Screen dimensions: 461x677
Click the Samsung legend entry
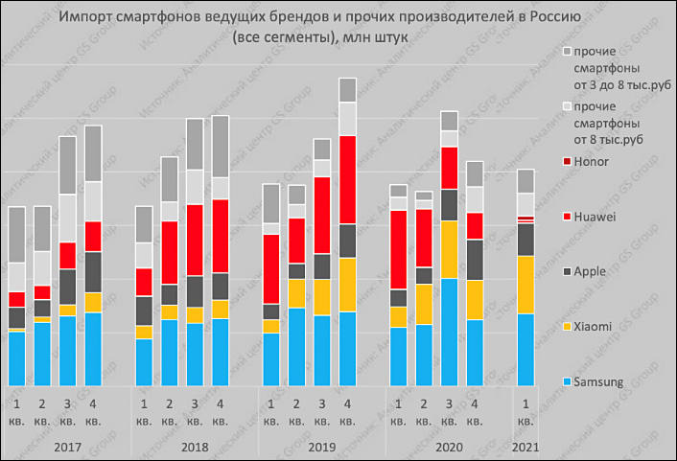coord(595,382)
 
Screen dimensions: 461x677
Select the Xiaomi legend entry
coord(593,327)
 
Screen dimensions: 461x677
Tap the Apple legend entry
coord(590,271)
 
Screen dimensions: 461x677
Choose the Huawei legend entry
coord(595,217)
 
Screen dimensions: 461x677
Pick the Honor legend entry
coord(591,161)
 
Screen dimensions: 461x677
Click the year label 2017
coord(67,447)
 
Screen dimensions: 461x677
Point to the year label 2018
coord(195,447)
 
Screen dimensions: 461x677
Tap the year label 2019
coord(322,447)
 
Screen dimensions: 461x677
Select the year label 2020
coord(449,447)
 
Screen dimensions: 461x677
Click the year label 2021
coord(525,447)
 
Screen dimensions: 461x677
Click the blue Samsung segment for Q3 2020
coord(449,332)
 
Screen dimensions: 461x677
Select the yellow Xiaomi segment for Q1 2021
coord(525,285)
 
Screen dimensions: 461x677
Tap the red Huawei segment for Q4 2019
coord(347,180)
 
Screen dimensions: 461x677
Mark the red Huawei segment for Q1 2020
coord(399,249)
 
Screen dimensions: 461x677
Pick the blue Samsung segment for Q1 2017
coord(16,358)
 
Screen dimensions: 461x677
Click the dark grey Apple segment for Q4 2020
coord(475,260)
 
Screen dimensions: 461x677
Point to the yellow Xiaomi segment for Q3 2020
coord(449,249)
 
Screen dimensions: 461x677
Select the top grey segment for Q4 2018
coord(221,146)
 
